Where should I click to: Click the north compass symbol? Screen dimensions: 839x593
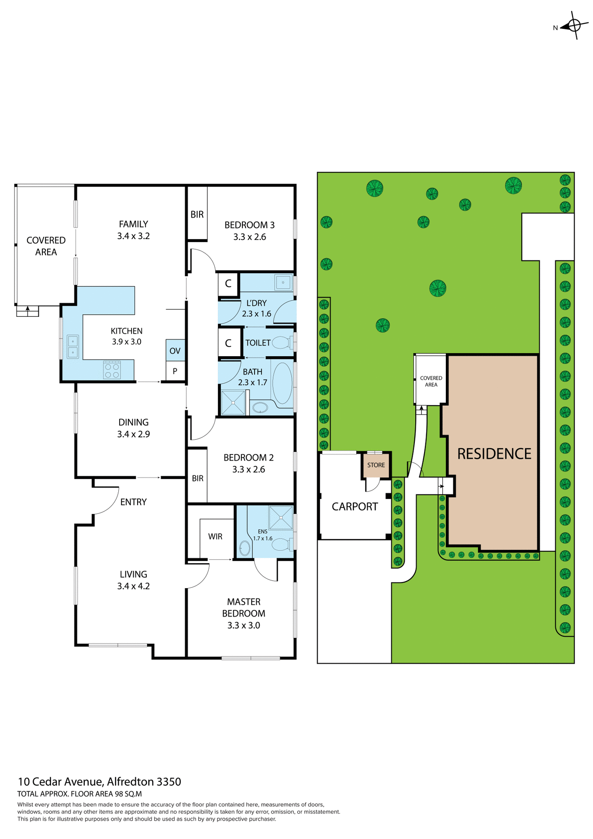coord(574,25)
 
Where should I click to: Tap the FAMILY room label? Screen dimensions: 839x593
coord(133,224)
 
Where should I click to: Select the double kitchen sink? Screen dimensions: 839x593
coord(72,346)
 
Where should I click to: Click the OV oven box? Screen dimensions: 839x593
coord(175,350)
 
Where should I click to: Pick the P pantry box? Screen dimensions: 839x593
coord(175,371)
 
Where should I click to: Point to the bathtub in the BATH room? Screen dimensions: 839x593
coord(282,383)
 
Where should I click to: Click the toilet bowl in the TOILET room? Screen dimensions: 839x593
coord(281,343)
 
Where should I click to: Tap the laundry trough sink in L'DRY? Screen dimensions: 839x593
coord(283,282)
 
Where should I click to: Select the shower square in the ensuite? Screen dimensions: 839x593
coord(280,518)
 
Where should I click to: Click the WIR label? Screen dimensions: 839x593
coord(215,536)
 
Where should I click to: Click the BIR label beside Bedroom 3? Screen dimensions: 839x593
coord(197,214)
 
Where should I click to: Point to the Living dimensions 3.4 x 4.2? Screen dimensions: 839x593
coord(133,586)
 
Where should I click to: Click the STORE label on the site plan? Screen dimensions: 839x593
coord(376,465)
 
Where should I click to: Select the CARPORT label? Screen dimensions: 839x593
coord(355,506)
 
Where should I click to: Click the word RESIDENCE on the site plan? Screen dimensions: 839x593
coord(494,454)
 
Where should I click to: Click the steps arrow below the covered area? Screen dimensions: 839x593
coord(28,311)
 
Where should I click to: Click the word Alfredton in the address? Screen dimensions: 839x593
coord(131,782)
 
